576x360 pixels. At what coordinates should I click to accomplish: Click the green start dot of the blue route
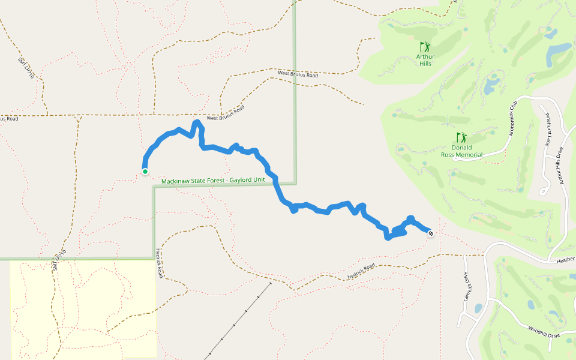point(145,172)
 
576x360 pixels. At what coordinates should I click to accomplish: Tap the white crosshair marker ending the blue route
point(431,233)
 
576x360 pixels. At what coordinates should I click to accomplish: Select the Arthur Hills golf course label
point(425,60)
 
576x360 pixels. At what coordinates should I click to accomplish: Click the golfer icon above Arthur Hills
point(425,46)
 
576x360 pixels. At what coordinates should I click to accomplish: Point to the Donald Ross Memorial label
point(461,151)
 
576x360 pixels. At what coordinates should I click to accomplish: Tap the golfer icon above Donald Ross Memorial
point(461,137)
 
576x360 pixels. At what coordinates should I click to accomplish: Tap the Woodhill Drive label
point(545,332)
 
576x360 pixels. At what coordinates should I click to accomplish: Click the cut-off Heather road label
point(566,260)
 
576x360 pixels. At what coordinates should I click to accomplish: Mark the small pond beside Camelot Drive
point(478,308)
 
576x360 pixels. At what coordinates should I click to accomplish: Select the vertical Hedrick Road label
point(159,262)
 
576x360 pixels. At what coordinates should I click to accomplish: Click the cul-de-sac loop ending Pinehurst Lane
point(544,191)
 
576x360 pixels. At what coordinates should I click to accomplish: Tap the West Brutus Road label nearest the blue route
point(226,113)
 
